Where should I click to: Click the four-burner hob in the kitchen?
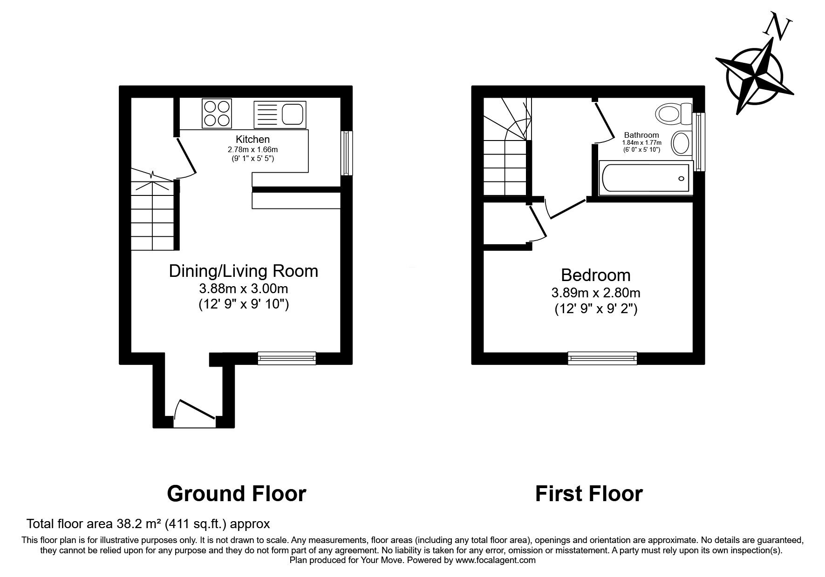(217, 114)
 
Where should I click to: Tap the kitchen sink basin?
(292, 114)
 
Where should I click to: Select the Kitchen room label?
(252, 139)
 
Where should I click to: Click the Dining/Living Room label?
(244, 271)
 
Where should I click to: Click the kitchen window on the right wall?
(347, 153)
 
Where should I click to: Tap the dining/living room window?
(287, 358)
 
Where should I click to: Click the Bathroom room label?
(641, 135)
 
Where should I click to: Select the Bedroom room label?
(596, 275)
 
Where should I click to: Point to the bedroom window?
(602, 358)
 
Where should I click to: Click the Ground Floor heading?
(236, 494)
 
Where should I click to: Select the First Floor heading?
(589, 494)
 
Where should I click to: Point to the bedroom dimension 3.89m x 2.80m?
(596, 293)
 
